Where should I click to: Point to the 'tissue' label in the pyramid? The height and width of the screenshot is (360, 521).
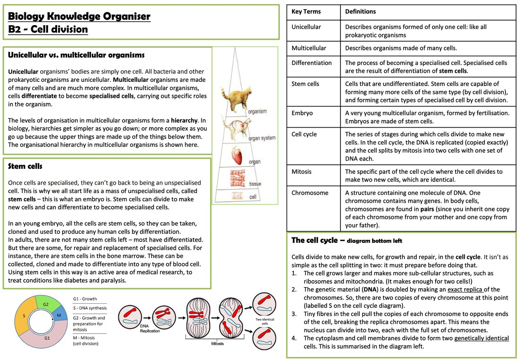pyautogui.click(x=255, y=184)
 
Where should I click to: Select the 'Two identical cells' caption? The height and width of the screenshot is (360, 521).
pyautogui.click(x=262, y=322)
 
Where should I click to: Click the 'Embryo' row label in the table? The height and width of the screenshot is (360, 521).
pyautogui.click(x=302, y=113)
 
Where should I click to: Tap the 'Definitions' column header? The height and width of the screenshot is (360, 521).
pyautogui.click(x=360, y=11)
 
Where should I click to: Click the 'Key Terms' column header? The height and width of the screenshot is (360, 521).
pyautogui.click(x=306, y=11)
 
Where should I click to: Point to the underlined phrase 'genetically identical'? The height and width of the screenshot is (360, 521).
pyautogui.click(x=481, y=338)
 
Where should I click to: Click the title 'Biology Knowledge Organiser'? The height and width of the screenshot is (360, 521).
pyautogui.click(x=79, y=17)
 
